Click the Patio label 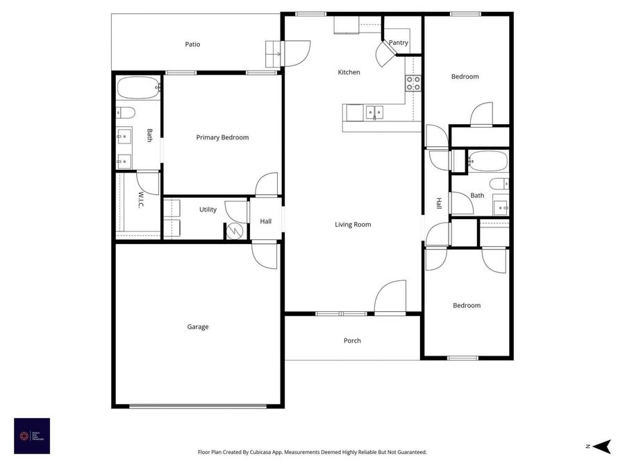192,44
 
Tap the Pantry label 399,43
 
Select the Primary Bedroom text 222,137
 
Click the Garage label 198,327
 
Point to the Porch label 352,340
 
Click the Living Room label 353,224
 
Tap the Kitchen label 349,72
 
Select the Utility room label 208,209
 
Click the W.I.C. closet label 140,201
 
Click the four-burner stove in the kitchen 413,84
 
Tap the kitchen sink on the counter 375,112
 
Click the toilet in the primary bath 126,112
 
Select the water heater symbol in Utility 235,231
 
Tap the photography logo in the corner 32,436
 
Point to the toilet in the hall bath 499,184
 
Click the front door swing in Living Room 390,297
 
